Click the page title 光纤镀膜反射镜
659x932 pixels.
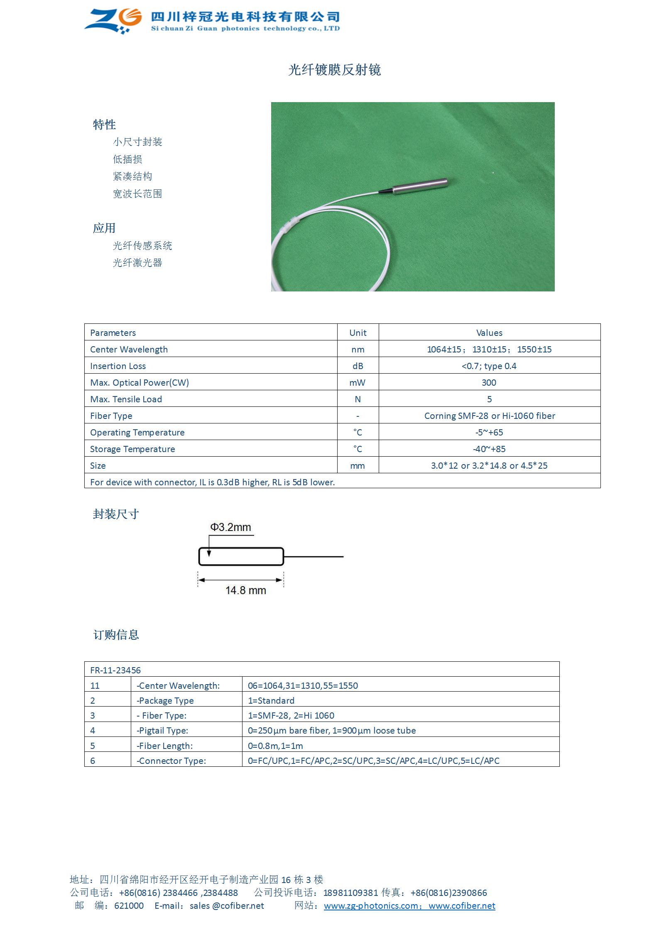click(334, 70)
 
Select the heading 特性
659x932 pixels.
click(104, 125)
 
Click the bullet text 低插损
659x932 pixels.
click(127, 159)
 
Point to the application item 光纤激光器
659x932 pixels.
click(137, 263)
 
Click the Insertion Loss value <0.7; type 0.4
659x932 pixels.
click(489, 366)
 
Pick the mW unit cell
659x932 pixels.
click(358, 383)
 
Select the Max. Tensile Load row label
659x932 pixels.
click(126, 399)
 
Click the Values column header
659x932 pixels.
click(489, 333)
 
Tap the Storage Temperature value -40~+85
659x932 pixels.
click(489, 449)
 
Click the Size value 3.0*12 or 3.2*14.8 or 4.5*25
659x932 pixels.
click(489, 466)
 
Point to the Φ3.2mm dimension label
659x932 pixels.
click(230, 527)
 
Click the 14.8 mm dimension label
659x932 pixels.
click(245, 590)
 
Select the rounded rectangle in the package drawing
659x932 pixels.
click(241, 557)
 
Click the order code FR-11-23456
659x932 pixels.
click(115, 670)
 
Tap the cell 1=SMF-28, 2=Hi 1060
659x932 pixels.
click(291, 716)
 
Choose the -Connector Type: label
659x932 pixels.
click(171, 761)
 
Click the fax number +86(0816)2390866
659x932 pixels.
click(448, 893)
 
